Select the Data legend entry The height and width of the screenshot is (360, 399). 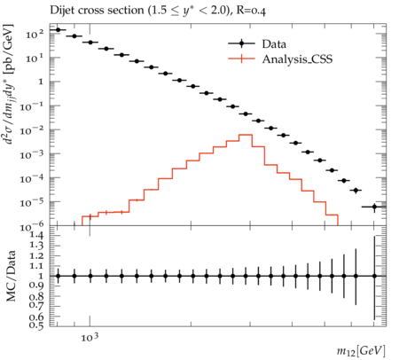(x=257, y=43)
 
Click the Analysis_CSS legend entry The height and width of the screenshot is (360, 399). (x=280, y=59)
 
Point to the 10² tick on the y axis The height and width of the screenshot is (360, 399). (x=35, y=34)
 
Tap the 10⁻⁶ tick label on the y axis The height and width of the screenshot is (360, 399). (x=32, y=227)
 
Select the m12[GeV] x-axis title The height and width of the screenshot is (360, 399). (x=361, y=351)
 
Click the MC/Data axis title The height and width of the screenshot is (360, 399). (x=11, y=276)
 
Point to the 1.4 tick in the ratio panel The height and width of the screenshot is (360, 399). (x=36, y=235)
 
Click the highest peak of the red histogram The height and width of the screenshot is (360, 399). (x=246, y=135)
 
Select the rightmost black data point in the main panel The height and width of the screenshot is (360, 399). (x=374, y=207)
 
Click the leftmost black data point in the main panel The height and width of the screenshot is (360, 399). (x=58, y=30)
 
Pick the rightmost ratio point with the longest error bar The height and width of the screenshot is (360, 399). (x=374, y=276)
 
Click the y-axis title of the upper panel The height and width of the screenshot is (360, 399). (x=10, y=84)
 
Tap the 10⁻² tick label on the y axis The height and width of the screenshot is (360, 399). (x=32, y=130)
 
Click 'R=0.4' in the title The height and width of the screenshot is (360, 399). (x=251, y=11)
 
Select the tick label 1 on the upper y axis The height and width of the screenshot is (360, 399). (x=41, y=82)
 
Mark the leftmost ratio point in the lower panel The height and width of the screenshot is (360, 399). (x=58, y=276)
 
